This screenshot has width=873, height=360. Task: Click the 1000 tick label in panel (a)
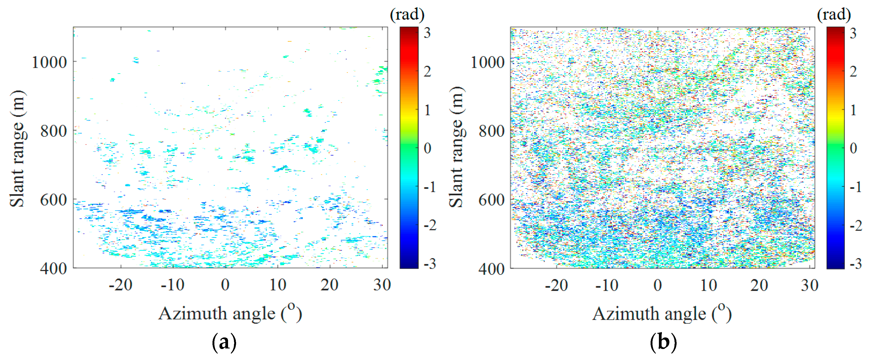[x=49, y=62]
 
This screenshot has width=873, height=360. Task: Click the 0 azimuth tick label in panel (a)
[x=225, y=285]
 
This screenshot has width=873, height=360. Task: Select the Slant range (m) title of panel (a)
[x=18, y=148]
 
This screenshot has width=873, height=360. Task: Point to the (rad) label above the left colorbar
[x=407, y=14]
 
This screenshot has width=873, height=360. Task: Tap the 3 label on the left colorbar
[x=427, y=33]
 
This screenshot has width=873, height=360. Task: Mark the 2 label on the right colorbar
[x=853, y=71]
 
